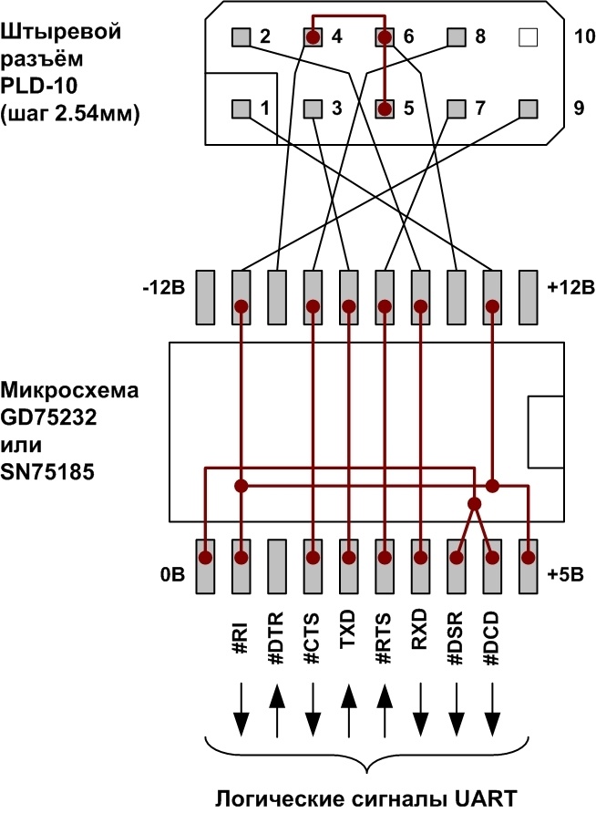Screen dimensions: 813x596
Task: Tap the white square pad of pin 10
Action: click(527, 37)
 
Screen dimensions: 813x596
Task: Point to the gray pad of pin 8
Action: click(457, 37)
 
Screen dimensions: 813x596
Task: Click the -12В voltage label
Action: click(164, 288)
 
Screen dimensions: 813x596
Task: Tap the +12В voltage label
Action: click(571, 288)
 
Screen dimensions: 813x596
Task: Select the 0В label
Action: click(173, 576)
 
